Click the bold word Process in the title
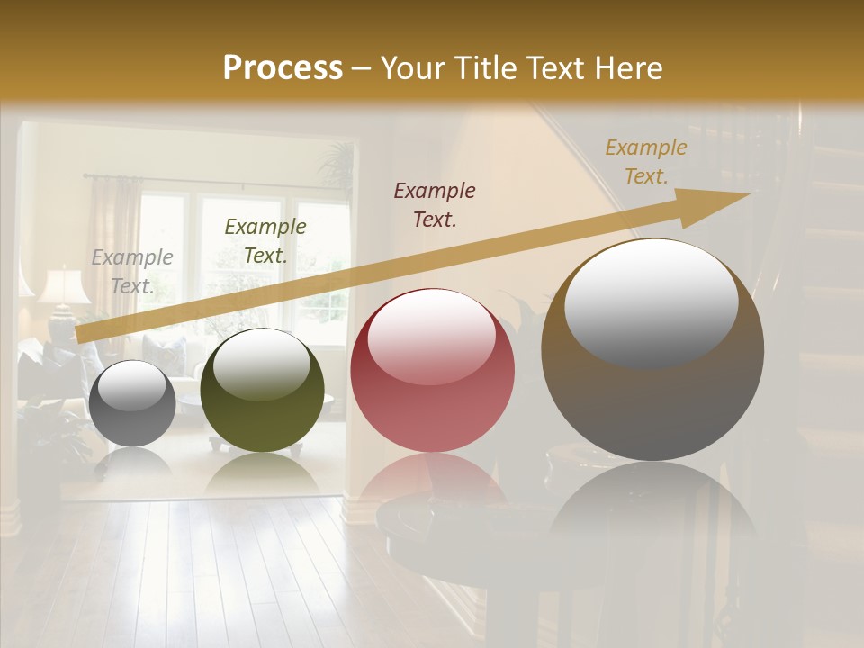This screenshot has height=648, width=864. tap(283, 67)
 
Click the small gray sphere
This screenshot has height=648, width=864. tap(132, 403)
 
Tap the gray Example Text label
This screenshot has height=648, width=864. tap(132, 272)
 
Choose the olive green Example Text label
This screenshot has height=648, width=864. tap(265, 241)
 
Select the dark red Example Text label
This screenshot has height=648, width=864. tap(435, 205)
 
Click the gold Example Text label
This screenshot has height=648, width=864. tap(645, 162)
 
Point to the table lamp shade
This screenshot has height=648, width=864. tap(64, 286)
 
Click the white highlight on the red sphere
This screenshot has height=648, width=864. tap(431, 333)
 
